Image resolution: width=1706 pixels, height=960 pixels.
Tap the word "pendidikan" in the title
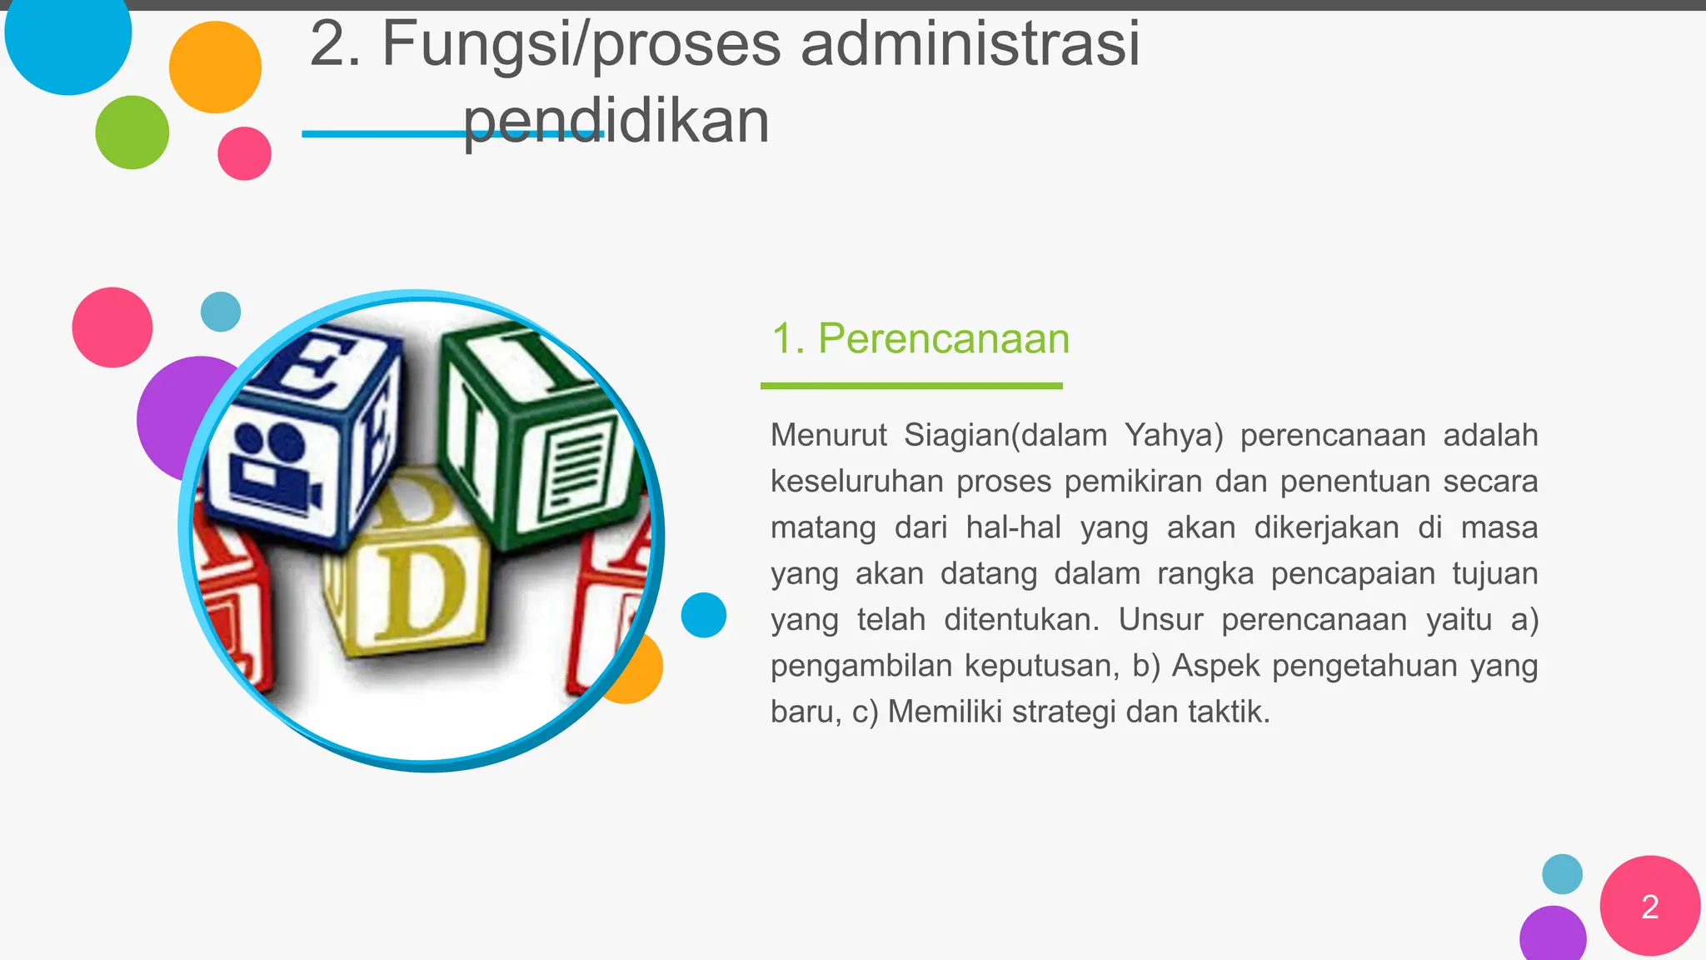click(616, 121)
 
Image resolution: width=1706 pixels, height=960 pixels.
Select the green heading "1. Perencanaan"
click(920, 338)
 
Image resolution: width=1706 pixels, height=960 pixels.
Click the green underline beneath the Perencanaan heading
click(911, 386)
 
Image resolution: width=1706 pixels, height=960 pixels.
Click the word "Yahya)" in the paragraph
click(1173, 435)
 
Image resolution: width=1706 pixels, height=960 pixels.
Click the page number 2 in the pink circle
click(1649, 907)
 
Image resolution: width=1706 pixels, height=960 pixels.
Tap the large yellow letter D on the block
click(422, 592)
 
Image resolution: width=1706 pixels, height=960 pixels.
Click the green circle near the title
click(132, 132)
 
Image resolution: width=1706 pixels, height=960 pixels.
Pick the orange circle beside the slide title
click(215, 67)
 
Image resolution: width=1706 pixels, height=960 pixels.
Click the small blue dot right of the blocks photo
click(703, 615)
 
